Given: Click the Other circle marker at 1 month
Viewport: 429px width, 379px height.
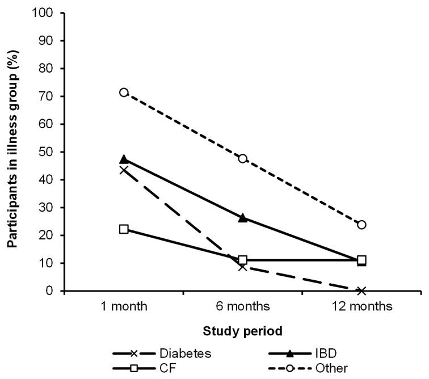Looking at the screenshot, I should click(124, 92).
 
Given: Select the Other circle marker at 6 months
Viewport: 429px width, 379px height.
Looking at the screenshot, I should click(243, 158).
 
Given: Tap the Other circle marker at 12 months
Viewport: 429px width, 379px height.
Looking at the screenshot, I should click(361, 225).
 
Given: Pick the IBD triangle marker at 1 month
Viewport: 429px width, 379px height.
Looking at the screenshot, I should click(124, 159).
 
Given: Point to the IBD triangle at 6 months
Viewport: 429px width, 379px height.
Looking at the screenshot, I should click(243, 217).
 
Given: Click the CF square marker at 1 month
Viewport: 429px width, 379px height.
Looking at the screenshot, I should click(124, 229).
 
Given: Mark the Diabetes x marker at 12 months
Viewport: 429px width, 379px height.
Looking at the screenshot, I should click(361, 290).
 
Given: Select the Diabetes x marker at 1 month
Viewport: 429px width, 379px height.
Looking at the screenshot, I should click(124, 170).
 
